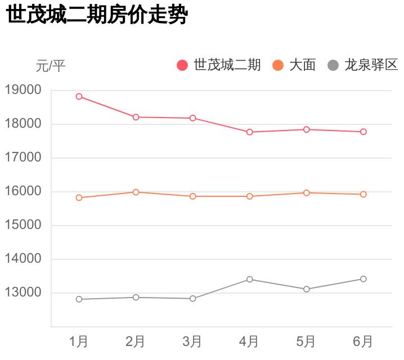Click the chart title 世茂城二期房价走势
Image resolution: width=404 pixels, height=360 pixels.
96,16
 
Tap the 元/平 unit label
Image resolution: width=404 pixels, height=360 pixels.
51,66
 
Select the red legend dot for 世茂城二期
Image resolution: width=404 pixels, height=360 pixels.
182,65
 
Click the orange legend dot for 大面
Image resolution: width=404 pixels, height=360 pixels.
278,65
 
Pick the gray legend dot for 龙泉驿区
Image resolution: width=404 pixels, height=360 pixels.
333,65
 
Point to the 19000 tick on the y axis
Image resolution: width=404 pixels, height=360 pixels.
23,90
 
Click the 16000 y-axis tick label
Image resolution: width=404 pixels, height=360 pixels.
23,191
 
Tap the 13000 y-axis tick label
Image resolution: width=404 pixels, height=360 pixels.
23,292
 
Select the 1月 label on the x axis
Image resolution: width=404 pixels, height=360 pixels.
79,341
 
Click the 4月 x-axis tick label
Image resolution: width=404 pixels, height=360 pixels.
249,341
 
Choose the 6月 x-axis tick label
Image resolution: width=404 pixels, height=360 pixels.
363,341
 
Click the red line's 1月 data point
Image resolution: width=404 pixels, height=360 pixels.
79,96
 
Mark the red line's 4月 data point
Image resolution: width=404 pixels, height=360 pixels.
249,132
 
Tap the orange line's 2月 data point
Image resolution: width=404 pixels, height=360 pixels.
136,192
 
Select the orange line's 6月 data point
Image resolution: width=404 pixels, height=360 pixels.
363,194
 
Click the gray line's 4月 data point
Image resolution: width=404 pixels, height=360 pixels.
249,279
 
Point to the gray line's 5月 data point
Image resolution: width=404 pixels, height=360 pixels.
306,289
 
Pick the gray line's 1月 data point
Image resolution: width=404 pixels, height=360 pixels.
79,299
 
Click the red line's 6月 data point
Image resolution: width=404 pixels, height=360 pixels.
363,132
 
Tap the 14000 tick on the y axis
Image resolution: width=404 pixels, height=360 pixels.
23,259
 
